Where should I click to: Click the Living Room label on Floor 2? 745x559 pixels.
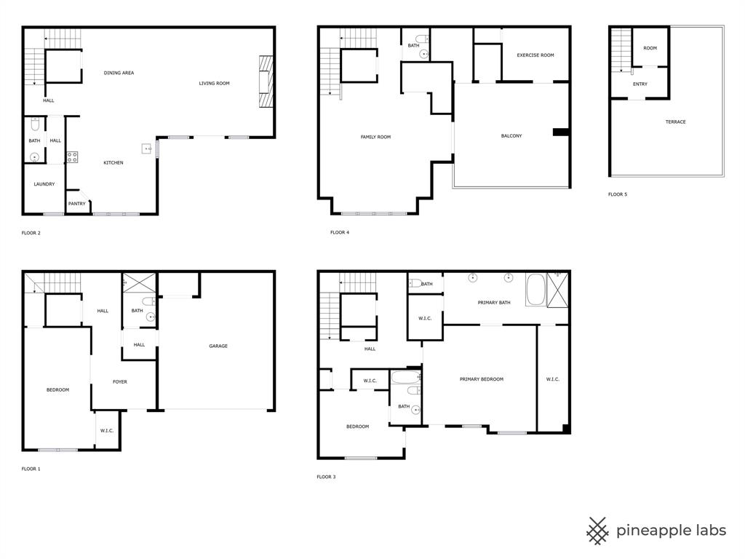pos(214,84)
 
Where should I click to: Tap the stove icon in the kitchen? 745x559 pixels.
pos(72,156)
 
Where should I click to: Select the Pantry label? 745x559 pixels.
pos(76,204)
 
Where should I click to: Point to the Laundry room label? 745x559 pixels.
pos(44,184)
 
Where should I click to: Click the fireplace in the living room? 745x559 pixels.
pos(267,81)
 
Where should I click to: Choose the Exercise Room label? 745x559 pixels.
pos(535,55)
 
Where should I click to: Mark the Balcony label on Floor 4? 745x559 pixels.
pos(511,136)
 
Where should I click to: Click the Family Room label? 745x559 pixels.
pos(375,137)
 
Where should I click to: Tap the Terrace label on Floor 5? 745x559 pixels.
pos(675,122)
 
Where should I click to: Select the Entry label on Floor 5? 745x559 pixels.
pos(640,84)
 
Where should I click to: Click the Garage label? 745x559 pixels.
pos(218,346)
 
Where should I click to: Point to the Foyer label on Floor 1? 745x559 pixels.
pos(119,382)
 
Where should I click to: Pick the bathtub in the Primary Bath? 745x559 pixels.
pos(539,288)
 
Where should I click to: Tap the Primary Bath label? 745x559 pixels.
pos(494,302)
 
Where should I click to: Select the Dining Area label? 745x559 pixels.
pos(119,73)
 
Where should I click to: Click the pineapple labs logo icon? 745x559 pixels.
pos(598,531)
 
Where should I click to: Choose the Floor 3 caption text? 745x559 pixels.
pos(326,477)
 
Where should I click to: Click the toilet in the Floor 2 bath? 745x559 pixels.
pos(34,123)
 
